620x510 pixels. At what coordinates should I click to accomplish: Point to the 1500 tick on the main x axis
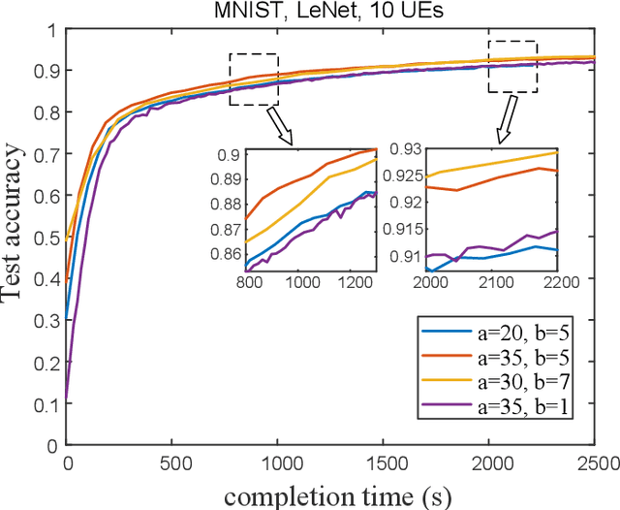[x=384, y=462]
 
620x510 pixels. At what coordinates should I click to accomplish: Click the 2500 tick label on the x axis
[x=594, y=462]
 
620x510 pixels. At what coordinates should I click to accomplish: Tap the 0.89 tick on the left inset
[x=230, y=179]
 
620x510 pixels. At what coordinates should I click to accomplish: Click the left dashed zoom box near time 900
[x=253, y=79]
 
